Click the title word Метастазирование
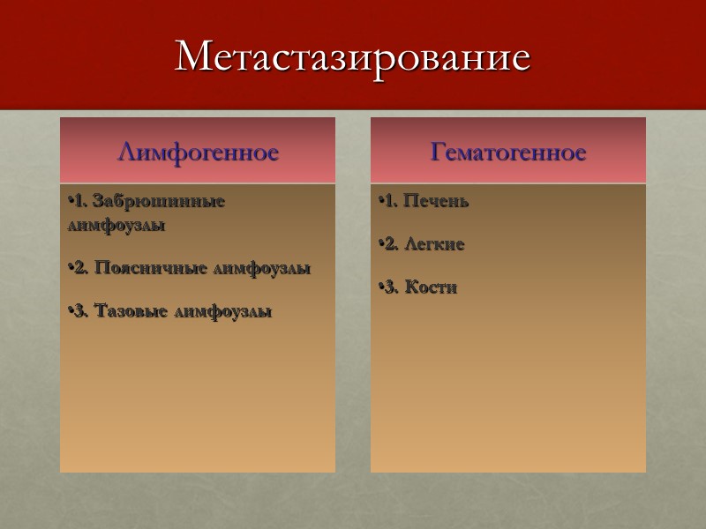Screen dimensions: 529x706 click(x=353, y=57)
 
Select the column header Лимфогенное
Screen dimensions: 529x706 click(x=198, y=153)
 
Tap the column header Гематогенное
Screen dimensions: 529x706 click(x=508, y=153)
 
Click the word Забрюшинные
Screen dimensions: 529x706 click(x=159, y=201)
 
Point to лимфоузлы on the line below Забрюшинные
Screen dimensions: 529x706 click(x=116, y=225)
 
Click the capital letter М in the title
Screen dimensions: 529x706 click(x=192, y=57)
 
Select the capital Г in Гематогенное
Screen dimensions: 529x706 click(x=438, y=153)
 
